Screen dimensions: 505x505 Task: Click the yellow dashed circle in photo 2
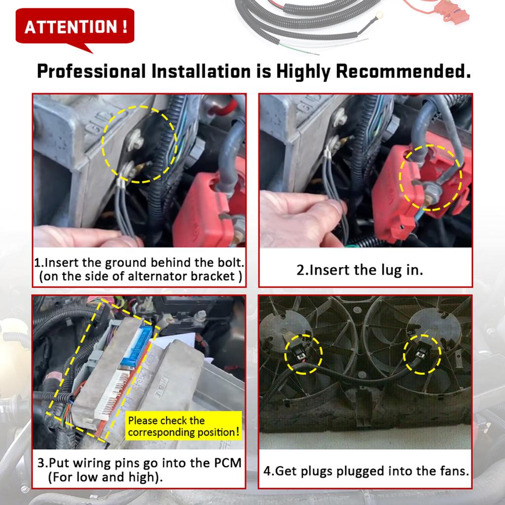click(430, 178)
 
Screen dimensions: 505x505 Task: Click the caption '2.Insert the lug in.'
click(360, 270)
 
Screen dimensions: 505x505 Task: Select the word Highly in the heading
click(303, 72)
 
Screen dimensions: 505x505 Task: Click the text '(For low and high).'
click(106, 477)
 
